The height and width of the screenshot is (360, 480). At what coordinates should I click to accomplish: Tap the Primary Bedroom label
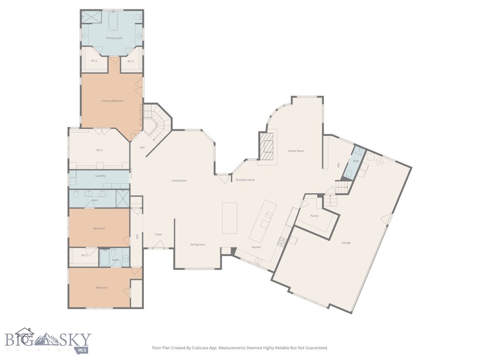112,101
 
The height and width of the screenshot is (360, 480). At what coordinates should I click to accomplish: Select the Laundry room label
100,176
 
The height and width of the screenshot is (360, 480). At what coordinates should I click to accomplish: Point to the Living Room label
180,180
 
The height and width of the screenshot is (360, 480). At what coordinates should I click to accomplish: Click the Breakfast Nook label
245,180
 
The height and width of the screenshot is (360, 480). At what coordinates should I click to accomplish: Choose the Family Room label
296,151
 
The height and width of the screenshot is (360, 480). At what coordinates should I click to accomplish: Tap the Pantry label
315,216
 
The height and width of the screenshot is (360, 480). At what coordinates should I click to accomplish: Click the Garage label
346,243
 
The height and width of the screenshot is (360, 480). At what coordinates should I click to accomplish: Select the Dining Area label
197,245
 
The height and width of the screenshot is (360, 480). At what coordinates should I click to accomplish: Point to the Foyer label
158,234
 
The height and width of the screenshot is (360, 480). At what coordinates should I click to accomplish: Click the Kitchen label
256,247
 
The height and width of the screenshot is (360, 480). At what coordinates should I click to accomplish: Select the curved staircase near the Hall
155,120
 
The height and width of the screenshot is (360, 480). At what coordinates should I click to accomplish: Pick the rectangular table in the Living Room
230,218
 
